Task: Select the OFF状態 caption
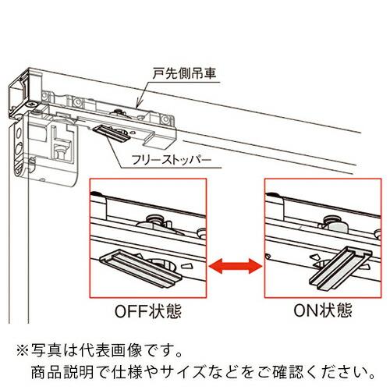pyautogui.click(x=148, y=310)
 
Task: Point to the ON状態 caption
pyautogui.click(x=319, y=310)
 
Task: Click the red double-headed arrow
pyautogui.click(x=236, y=268)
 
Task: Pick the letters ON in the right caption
pyautogui.click(x=304, y=310)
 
